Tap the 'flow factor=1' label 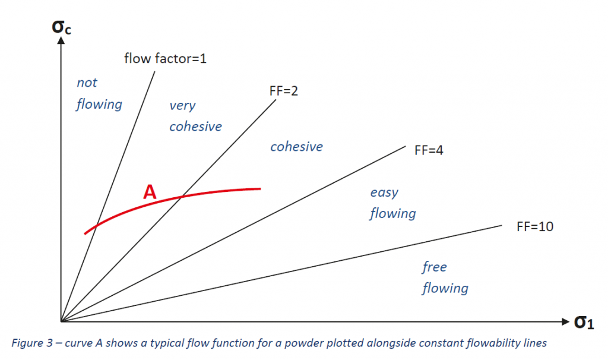pos(164,58)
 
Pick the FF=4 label pos(429,150)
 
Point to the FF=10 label pos(527,226)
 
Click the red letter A pos(150,192)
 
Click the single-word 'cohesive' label pos(296,146)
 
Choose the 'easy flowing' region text pos(392,203)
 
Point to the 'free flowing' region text pos(445,277)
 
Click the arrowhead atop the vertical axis pos(61,43)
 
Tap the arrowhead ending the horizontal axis pos(565,321)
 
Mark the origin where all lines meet pos(62,321)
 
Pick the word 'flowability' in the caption pos(499,343)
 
